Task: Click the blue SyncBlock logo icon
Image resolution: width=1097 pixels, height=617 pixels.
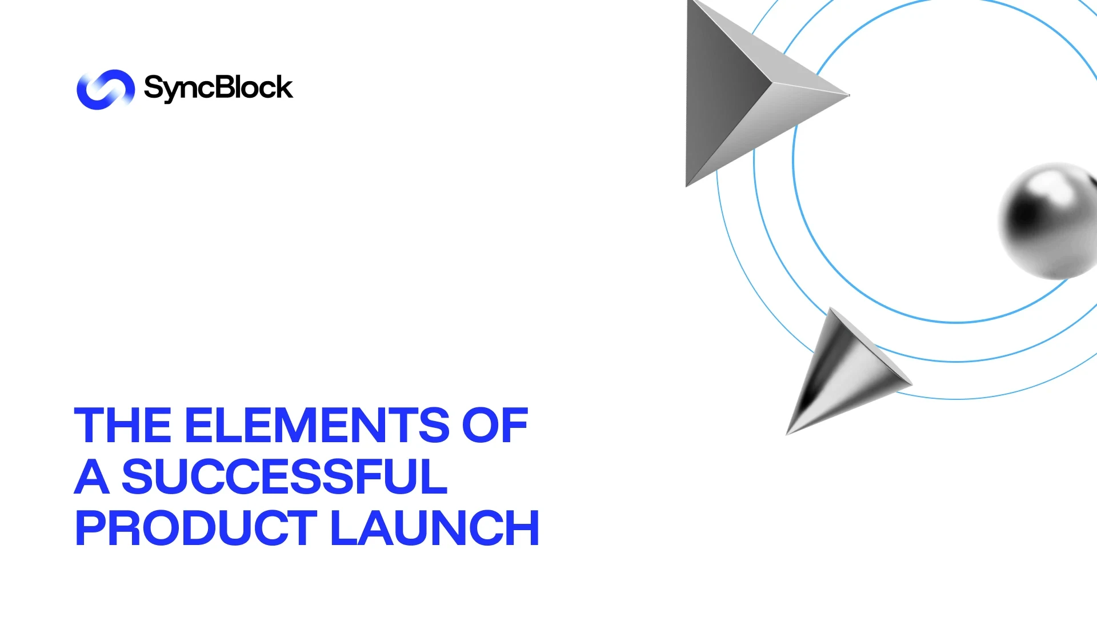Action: (x=106, y=89)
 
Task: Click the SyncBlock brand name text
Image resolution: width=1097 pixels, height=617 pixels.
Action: (x=218, y=88)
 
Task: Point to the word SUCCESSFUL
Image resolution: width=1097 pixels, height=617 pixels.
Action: (x=285, y=476)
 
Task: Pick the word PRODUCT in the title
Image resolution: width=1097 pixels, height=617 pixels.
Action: (x=196, y=528)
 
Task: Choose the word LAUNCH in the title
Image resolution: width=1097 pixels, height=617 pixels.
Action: (x=435, y=528)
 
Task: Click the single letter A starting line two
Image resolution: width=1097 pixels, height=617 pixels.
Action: (x=92, y=476)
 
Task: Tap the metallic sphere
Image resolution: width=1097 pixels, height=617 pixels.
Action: (x=1049, y=221)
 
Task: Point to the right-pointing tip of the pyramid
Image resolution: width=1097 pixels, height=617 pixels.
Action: (x=849, y=95)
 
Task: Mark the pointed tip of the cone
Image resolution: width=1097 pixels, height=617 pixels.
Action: (x=787, y=434)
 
